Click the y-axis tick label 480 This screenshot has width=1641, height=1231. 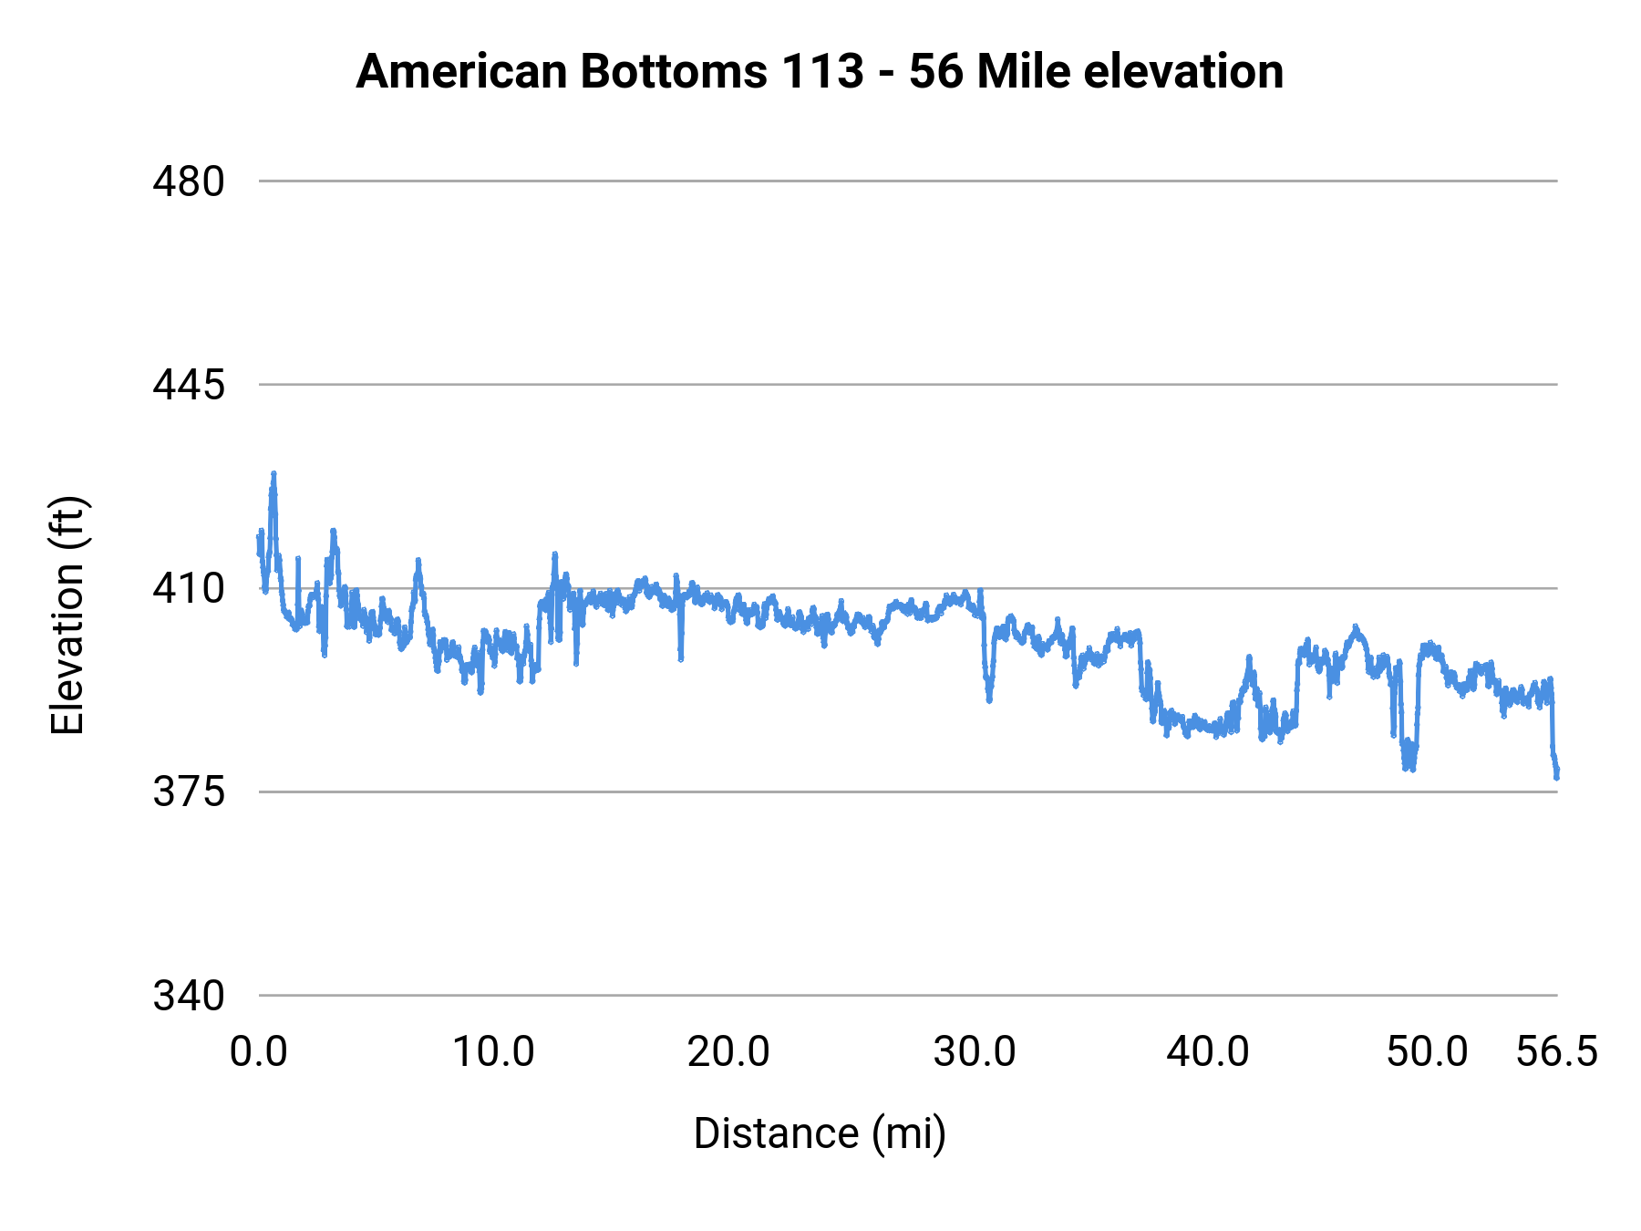[x=188, y=181]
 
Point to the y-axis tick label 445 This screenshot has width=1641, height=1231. [x=188, y=385]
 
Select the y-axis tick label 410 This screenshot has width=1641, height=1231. [x=188, y=589]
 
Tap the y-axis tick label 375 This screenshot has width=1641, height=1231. [x=188, y=791]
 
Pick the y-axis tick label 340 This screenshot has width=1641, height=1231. [x=188, y=996]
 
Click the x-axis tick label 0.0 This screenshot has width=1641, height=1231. [x=259, y=1052]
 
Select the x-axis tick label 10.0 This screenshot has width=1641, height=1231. [x=493, y=1052]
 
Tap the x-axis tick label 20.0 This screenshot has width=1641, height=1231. [x=728, y=1052]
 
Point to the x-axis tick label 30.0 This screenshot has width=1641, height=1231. [x=974, y=1052]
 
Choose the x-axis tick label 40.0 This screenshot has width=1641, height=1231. [x=1208, y=1052]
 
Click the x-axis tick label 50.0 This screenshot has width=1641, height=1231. [x=1427, y=1052]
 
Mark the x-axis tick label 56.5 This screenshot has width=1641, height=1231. [x=1556, y=1052]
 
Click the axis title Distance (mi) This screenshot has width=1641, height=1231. [x=820, y=1133]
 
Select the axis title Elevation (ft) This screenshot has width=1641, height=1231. [x=67, y=615]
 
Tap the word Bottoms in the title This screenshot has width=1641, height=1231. [x=675, y=71]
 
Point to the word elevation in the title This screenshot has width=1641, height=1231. [x=1183, y=71]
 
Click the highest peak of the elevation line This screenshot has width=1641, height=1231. [x=273, y=474]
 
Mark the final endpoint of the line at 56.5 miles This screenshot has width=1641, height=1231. [x=1557, y=777]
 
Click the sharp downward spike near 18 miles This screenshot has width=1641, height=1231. [x=680, y=657]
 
